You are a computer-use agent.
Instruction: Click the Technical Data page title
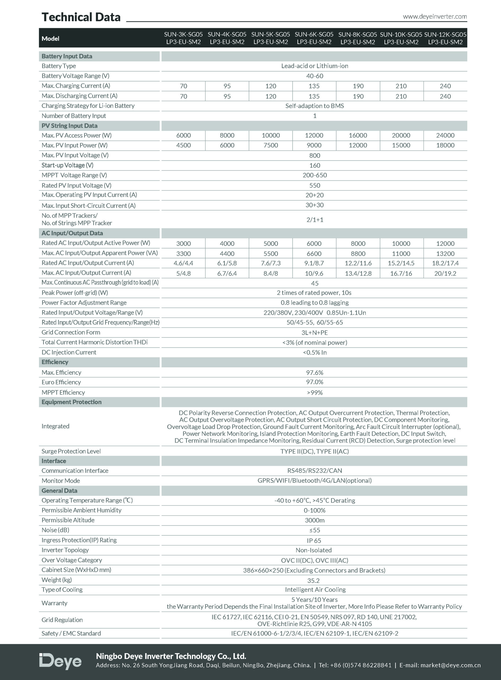coord(81,17)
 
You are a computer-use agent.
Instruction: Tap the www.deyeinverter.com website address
coord(435,17)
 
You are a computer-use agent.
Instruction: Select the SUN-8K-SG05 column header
coord(358,38)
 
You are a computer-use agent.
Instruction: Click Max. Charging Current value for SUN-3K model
coord(184,86)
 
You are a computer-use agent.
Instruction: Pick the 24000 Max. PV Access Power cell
coord(445,135)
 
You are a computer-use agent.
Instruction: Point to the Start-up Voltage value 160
coord(315,165)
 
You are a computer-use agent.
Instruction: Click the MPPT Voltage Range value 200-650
coord(315,175)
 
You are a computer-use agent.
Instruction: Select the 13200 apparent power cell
coord(445,254)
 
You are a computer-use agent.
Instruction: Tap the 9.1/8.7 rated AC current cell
coord(314,263)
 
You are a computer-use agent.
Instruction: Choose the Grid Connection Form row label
coord(71,332)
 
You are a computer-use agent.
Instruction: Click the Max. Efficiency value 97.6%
coord(315,373)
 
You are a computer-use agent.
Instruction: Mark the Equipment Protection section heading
coord(71,402)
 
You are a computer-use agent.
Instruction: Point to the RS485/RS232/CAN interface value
coord(315,470)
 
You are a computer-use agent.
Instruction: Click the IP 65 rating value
coord(314,541)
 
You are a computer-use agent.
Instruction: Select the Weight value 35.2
coord(313,581)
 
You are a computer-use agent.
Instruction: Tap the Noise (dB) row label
coord(55,530)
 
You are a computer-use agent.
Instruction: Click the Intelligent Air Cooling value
coord(315,590)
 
